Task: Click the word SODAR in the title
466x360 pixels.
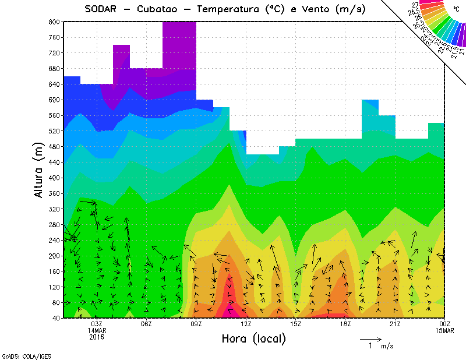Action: [103, 9]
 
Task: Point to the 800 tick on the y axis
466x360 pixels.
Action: [54, 22]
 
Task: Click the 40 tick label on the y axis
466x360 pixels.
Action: [56, 318]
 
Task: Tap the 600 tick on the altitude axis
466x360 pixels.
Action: [54, 100]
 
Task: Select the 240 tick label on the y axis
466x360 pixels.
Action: [54, 240]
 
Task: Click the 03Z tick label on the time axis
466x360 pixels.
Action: [97, 324]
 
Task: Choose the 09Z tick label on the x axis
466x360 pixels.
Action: [196, 324]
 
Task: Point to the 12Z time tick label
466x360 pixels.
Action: [246, 324]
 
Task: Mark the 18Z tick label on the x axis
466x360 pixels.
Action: [345, 324]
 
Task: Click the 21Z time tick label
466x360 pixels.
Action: [395, 324]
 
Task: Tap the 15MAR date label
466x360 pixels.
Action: [444, 330]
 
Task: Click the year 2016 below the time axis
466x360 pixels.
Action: [97, 337]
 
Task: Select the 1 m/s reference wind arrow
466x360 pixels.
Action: [370, 338]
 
